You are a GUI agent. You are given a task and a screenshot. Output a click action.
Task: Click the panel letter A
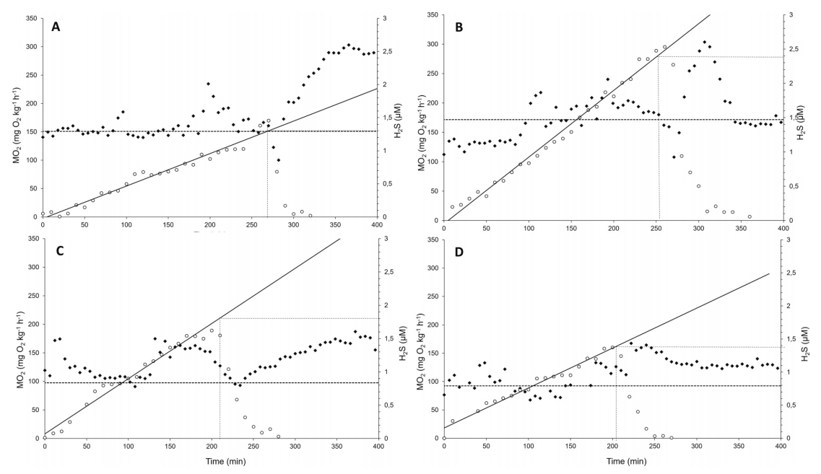point(56,26)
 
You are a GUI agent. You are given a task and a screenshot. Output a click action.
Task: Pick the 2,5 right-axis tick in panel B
point(792,48)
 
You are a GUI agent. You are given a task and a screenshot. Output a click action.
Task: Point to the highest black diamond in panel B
point(705,42)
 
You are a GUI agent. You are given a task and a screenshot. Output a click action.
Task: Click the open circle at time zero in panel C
point(45,437)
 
